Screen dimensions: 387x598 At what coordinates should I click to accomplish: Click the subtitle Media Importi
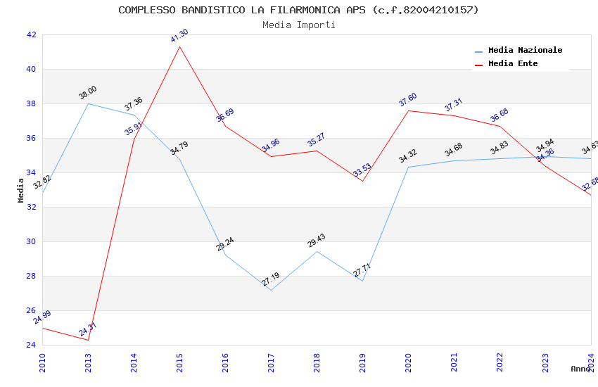tap(298, 25)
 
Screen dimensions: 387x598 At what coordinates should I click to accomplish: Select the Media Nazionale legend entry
tap(525, 51)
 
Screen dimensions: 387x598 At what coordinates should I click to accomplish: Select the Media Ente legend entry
tap(513, 64)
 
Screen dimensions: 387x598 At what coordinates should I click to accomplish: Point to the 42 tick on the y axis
tap(31, 34)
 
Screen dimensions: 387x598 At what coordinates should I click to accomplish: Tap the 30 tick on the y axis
tap(31, 241)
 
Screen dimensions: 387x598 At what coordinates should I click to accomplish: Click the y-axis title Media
tap(21, 190)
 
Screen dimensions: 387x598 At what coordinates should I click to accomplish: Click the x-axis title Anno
tap(580, 369)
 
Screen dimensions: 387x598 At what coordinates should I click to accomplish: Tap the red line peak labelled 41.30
tap(179, 47)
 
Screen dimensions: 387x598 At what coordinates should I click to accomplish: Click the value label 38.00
tap(88, 93)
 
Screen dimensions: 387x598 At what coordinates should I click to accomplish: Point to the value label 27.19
tap(271, 279)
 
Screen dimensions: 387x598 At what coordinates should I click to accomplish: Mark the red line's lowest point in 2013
tap(88, 340)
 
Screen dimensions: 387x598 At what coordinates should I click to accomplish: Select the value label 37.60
tap(408, 100)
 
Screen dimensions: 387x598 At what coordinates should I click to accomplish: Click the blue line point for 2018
tap(317, 251)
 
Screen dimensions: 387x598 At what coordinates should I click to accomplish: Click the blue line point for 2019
tap(362, 281)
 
